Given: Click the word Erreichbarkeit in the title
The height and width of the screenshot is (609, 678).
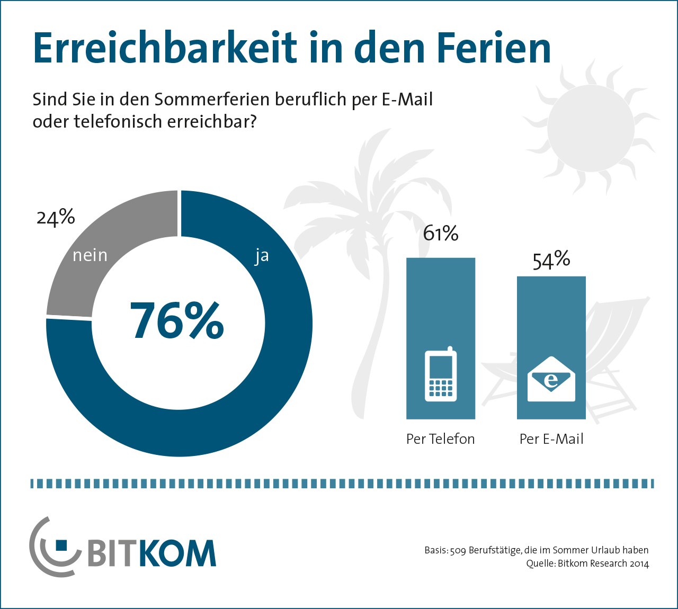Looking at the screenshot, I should [x=165, y=49].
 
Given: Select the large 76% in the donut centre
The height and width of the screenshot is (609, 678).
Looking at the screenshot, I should [x=177, y=321].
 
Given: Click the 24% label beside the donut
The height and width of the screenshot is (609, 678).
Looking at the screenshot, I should [x=56, y=218].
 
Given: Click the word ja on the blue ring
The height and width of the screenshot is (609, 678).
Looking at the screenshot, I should [x=262, y=256].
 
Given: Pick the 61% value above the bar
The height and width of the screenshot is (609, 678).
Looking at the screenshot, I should [x=440, y=234].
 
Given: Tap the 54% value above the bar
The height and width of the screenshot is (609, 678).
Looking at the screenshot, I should [x=551, y=260].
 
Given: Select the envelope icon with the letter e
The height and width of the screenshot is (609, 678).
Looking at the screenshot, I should [x=551, y=379].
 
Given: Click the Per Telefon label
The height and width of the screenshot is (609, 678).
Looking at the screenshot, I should [x=440, y=439].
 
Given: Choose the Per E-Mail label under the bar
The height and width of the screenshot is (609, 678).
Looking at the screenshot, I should [x=551, y=439].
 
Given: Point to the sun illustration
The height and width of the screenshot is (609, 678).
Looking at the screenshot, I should [x=590, y=128].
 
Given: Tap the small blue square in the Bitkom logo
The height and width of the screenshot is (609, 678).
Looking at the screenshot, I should [x=61, y=545].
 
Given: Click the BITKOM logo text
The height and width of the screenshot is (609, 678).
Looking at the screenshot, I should [x=151, y=554].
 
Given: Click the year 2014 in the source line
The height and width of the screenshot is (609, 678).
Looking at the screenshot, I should [x=639, y=563].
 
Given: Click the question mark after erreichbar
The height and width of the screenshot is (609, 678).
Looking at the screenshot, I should [x=253, y=122].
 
